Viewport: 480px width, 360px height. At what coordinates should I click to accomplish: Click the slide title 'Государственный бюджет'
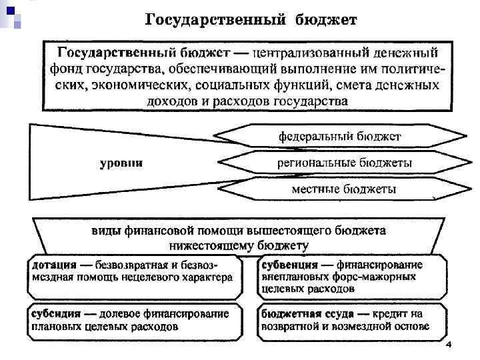[x=251, y=19]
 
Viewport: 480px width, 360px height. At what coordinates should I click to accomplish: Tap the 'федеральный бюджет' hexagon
[x=339, y=137]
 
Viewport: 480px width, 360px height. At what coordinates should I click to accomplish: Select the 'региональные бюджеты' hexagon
[x=344, y=163]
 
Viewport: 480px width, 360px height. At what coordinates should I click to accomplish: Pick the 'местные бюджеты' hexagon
[x=344, y=189]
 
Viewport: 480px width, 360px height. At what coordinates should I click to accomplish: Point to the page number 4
[x=449, y=345]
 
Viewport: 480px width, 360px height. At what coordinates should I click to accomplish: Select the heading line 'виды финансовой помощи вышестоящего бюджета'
[x=238, y=232]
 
